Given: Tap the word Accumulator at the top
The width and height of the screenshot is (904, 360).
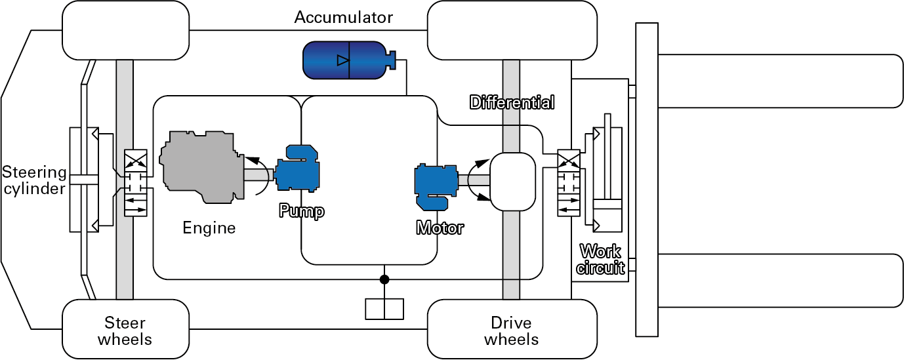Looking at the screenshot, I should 343,17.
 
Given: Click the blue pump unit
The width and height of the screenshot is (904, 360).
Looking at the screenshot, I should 297,172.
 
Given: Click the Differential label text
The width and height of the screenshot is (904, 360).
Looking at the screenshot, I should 512,103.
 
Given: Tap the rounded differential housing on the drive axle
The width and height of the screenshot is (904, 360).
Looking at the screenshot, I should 513,181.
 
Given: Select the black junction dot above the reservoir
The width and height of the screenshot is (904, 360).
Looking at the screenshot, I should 384,280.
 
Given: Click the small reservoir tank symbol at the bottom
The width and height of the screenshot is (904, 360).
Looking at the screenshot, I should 384,309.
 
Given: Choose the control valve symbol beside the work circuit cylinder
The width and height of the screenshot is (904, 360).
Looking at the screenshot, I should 568,183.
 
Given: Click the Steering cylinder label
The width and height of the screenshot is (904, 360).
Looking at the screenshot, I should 34,181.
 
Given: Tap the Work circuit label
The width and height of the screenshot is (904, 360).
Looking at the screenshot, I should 600,260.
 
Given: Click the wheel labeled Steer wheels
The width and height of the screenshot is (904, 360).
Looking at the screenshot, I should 125,330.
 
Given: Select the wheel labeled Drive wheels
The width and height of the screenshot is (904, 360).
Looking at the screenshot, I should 512,330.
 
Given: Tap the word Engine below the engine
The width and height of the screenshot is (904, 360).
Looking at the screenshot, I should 209,228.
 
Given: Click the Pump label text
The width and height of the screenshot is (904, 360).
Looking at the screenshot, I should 301,211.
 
